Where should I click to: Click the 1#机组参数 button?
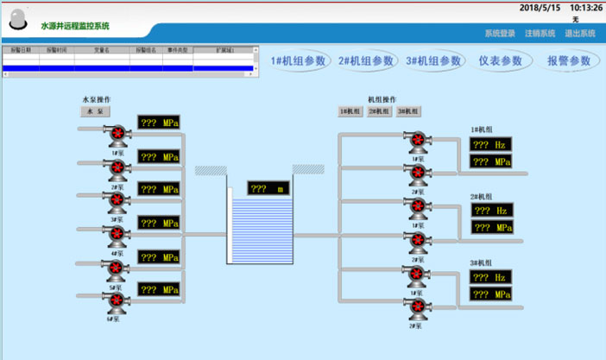pos(298,61)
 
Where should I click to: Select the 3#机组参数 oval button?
pos(434,61)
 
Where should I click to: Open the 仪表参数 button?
pos(501,61)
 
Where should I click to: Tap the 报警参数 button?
pos(569,61)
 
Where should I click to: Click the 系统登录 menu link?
pos(500,34)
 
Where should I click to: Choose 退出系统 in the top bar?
pos(580,34)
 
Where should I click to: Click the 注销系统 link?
pos(540,34)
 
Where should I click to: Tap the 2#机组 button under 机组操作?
pos(378,111)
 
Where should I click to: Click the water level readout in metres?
pos(269,188)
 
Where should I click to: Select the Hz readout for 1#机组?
pos(490,145)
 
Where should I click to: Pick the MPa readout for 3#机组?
pos(490,294)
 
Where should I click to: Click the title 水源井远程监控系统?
pos(82,27)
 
